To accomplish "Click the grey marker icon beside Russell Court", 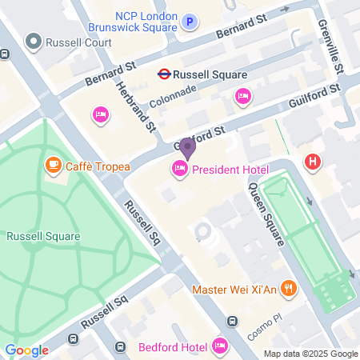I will coord(34,40).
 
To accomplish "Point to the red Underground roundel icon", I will coord(163,74).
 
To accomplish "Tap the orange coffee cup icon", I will coord(53,165).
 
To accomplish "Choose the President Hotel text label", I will coord(230,168).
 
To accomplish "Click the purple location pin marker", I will coord(186,148).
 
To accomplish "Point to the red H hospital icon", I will coord(313,162).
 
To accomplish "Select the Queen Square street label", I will coord(267,214).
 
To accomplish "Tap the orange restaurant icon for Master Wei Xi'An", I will coord(288,289).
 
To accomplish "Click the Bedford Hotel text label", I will coord(173,346).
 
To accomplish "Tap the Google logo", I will coord(26,350).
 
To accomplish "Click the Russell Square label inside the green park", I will coord(43,236).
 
